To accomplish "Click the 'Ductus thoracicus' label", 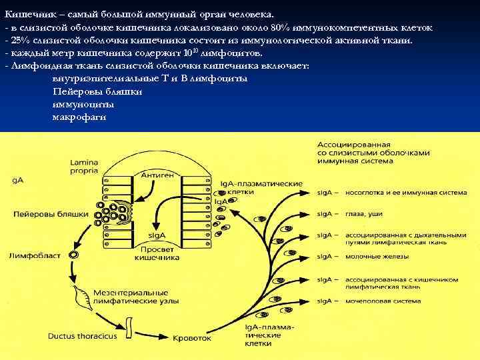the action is pos(82,336).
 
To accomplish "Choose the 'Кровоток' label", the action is pos(191,339).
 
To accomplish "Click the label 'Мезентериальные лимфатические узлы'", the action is pos(130,297).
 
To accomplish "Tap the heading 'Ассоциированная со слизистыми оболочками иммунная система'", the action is pos(373,153).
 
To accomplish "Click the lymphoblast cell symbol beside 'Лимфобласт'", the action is pos(73,255).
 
